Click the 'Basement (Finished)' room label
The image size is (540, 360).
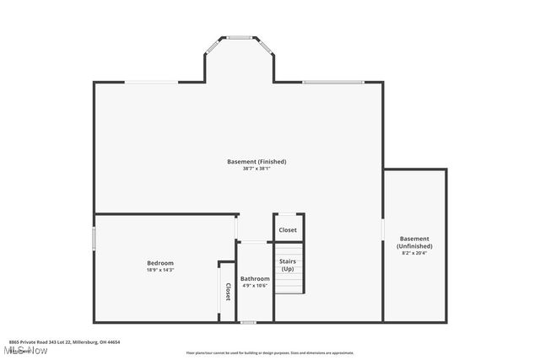click(256, 161)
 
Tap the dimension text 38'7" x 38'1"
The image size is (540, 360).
click(256, 169)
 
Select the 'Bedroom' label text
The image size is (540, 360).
click(160, 263)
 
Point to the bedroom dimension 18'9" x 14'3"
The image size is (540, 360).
click(160, 271)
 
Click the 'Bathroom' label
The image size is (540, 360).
click(255, 278)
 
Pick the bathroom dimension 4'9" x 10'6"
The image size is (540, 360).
click(255, 286)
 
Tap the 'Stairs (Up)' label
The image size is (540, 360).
click(288, 265)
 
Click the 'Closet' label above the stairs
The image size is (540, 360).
click(288, 229)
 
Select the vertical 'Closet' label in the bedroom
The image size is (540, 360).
click(227, 291)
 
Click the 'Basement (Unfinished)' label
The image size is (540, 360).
click(414, 242)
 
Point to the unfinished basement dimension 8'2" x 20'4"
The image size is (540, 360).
click(414, 253)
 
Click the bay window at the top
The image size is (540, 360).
click(240, 37)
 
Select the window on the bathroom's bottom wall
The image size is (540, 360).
click(248, 322)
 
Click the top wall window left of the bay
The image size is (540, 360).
click(152, 82)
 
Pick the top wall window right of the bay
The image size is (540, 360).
click(333, 82)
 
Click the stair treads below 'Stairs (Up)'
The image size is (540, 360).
click(288, 284)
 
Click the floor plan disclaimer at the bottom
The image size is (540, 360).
click(270, 353)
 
